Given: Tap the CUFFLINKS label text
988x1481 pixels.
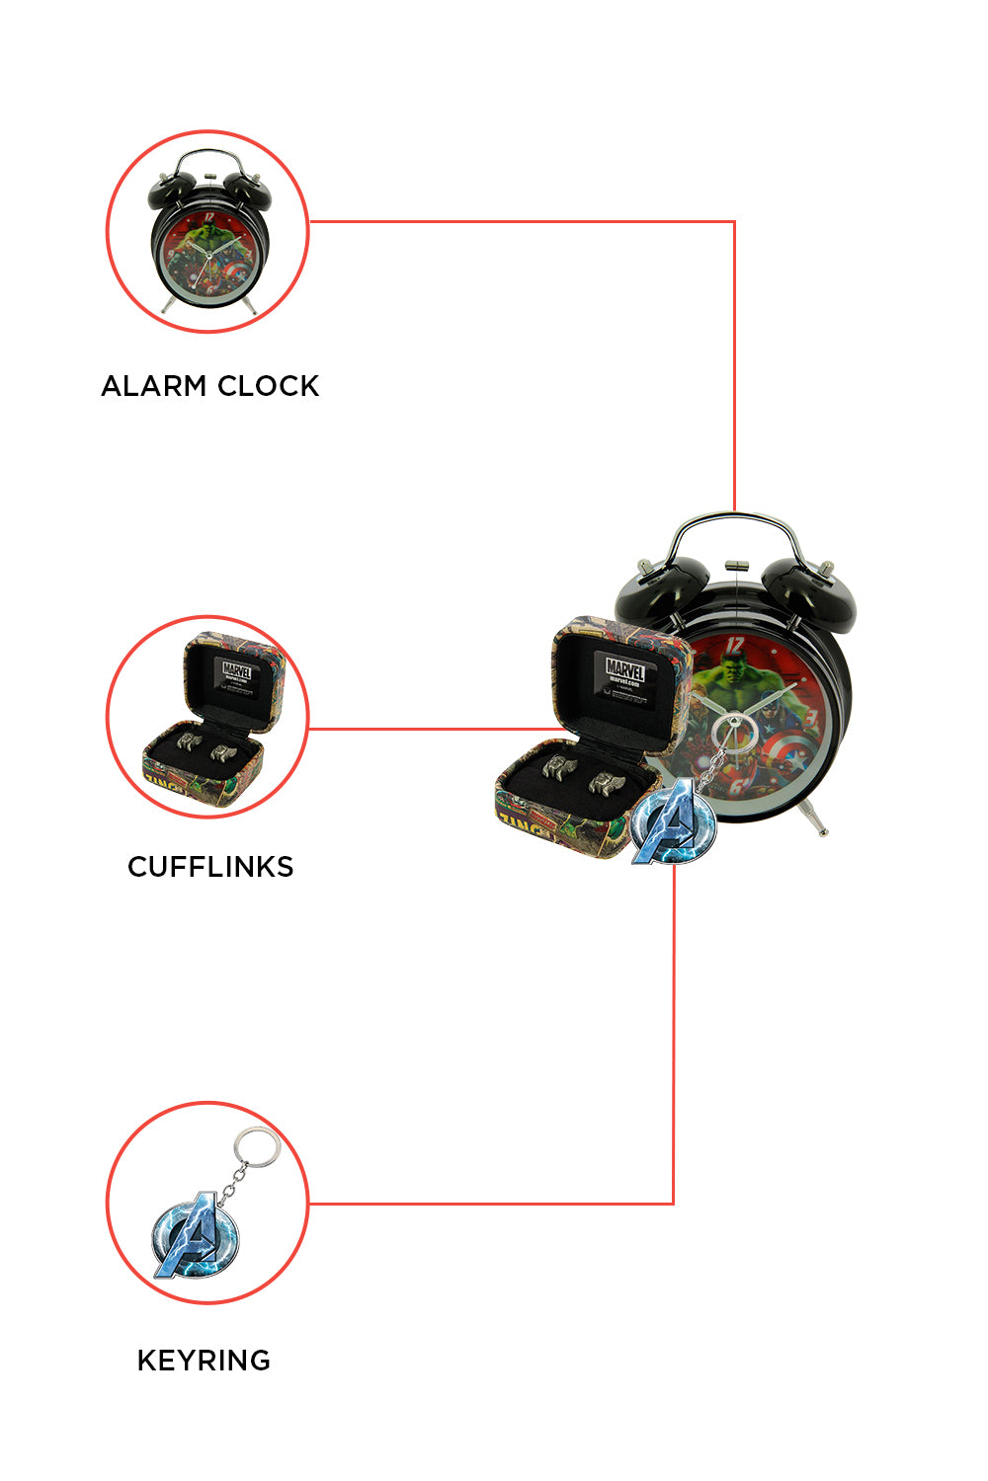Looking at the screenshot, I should tap(210, 867).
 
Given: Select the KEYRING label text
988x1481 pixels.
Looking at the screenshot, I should tap(204, 1361).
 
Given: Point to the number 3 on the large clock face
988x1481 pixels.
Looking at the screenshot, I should tap(810, 716).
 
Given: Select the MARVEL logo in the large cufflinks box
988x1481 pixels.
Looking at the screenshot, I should tap(625, 668).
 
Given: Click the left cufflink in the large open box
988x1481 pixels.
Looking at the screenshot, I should tap(559, 766).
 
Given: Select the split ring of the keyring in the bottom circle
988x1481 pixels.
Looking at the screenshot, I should tap(255, 1148).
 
